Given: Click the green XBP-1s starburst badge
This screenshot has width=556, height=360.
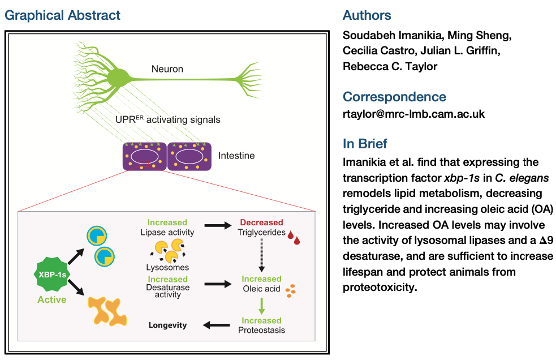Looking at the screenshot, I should pos(51,275).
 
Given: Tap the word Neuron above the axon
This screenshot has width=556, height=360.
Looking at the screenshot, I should pos(167,70).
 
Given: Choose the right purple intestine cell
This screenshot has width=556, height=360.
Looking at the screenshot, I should pos(189,156).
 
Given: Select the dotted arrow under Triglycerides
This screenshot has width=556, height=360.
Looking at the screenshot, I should pos(261,255).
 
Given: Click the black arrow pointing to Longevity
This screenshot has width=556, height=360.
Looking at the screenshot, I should pos(214,325).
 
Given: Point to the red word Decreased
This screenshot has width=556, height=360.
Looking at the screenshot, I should pos(261,222).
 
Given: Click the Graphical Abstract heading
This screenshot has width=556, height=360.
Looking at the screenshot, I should pos(63,15).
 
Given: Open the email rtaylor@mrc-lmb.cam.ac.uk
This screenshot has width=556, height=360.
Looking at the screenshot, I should pos(414,113).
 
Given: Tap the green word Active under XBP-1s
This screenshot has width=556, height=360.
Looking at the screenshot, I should pos(51,299).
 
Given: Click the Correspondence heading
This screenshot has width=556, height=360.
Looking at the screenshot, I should pos(394,96).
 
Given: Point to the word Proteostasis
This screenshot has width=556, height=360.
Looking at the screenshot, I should pos(261,329).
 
